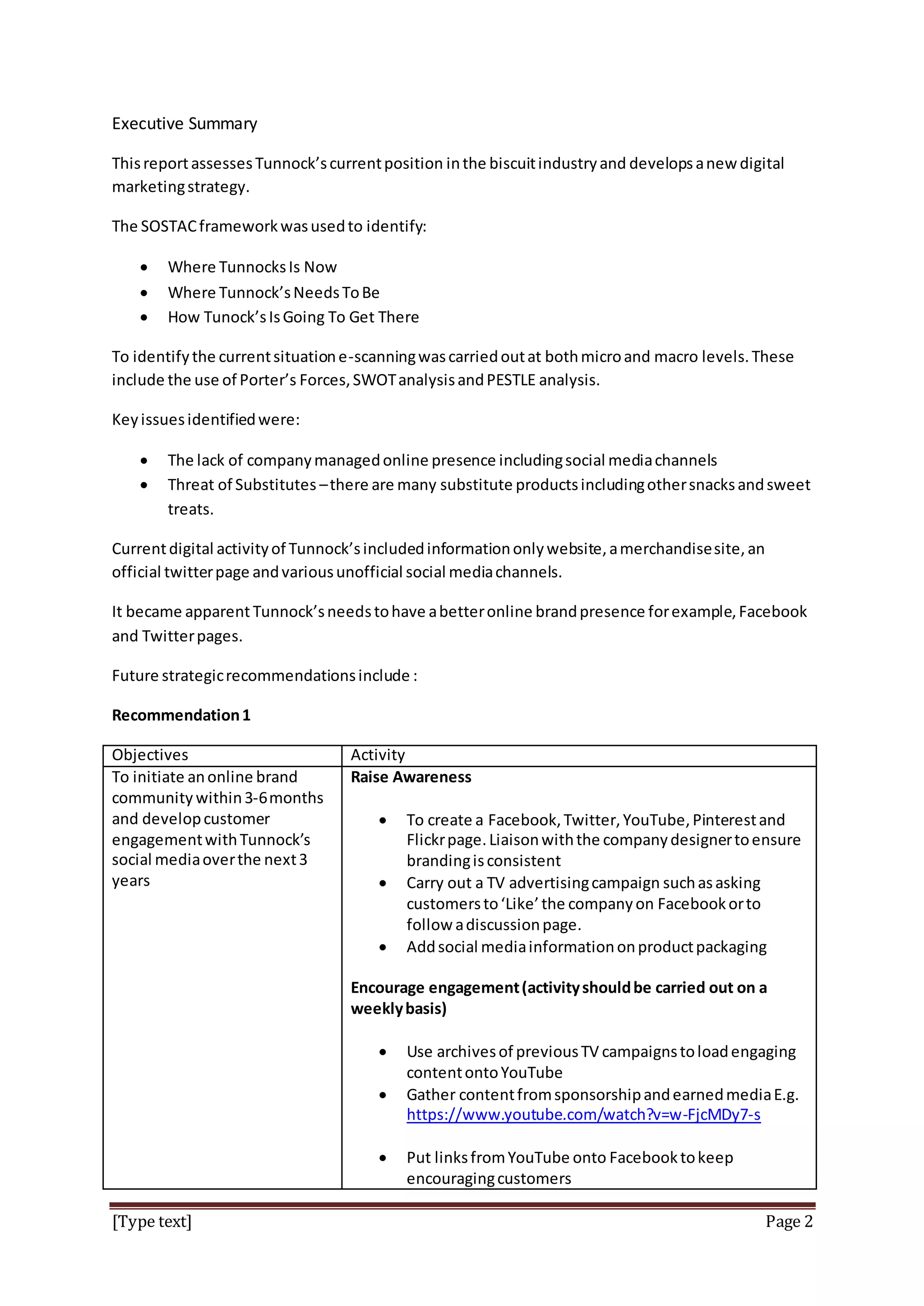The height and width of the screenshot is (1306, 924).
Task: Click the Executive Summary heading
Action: pos(185,124)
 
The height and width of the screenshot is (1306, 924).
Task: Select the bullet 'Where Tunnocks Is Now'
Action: pos(252,267)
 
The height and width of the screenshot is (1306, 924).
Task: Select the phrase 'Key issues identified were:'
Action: pos(205,420)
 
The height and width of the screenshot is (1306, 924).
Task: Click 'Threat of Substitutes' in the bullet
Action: pos(242,485)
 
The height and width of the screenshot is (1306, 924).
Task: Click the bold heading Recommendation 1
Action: pos(181,716)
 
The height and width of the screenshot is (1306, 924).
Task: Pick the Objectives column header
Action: pos(150,755)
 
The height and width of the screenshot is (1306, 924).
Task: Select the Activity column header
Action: pos(378,755)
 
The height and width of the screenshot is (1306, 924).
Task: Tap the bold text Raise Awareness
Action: pos(411,777)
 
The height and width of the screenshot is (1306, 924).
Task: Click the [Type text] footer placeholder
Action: pos(152,1222)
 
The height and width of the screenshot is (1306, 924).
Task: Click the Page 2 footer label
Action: pos(789,1222)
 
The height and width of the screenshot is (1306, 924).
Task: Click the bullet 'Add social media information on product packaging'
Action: pos(586,947)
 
